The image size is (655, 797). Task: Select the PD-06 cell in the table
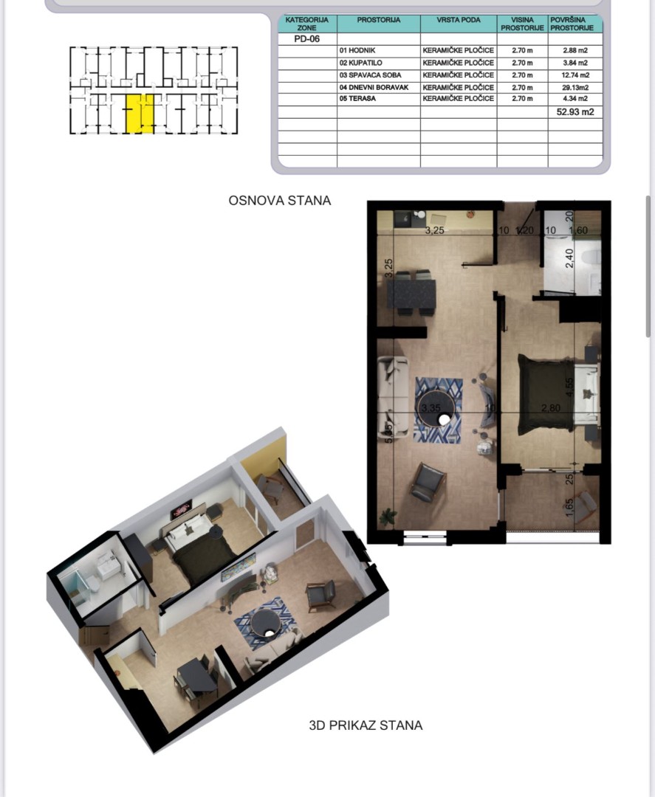[x=301, y=39]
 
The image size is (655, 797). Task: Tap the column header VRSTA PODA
[x=458, y=20]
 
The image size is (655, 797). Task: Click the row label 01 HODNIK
[x=359, y=51]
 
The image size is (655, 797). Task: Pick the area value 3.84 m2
[x=575, y=63]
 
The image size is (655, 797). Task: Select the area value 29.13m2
[x=575, y=86]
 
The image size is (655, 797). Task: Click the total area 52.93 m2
[x=575, y=112]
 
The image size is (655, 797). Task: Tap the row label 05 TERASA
[x=357, y=98]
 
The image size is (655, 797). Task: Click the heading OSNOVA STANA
[x=280, y=200]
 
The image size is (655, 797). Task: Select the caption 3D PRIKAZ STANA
[x=366, y=725]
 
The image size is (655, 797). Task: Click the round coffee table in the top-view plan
[x=439, y=410]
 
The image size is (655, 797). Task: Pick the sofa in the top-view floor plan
[x=394, y=396]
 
